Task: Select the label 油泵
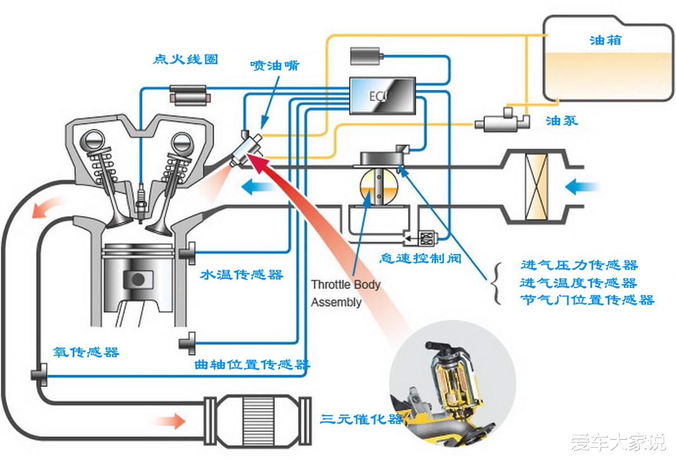562,120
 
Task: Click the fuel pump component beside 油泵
500,121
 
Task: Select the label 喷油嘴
275,65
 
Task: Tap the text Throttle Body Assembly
345,293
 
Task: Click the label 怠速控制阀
420,259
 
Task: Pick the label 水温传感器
242,275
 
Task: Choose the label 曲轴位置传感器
252,365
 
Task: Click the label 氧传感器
86,352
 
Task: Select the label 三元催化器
362,419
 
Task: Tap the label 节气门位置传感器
587,300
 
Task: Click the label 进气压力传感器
579,265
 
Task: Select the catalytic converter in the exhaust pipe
257,414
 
